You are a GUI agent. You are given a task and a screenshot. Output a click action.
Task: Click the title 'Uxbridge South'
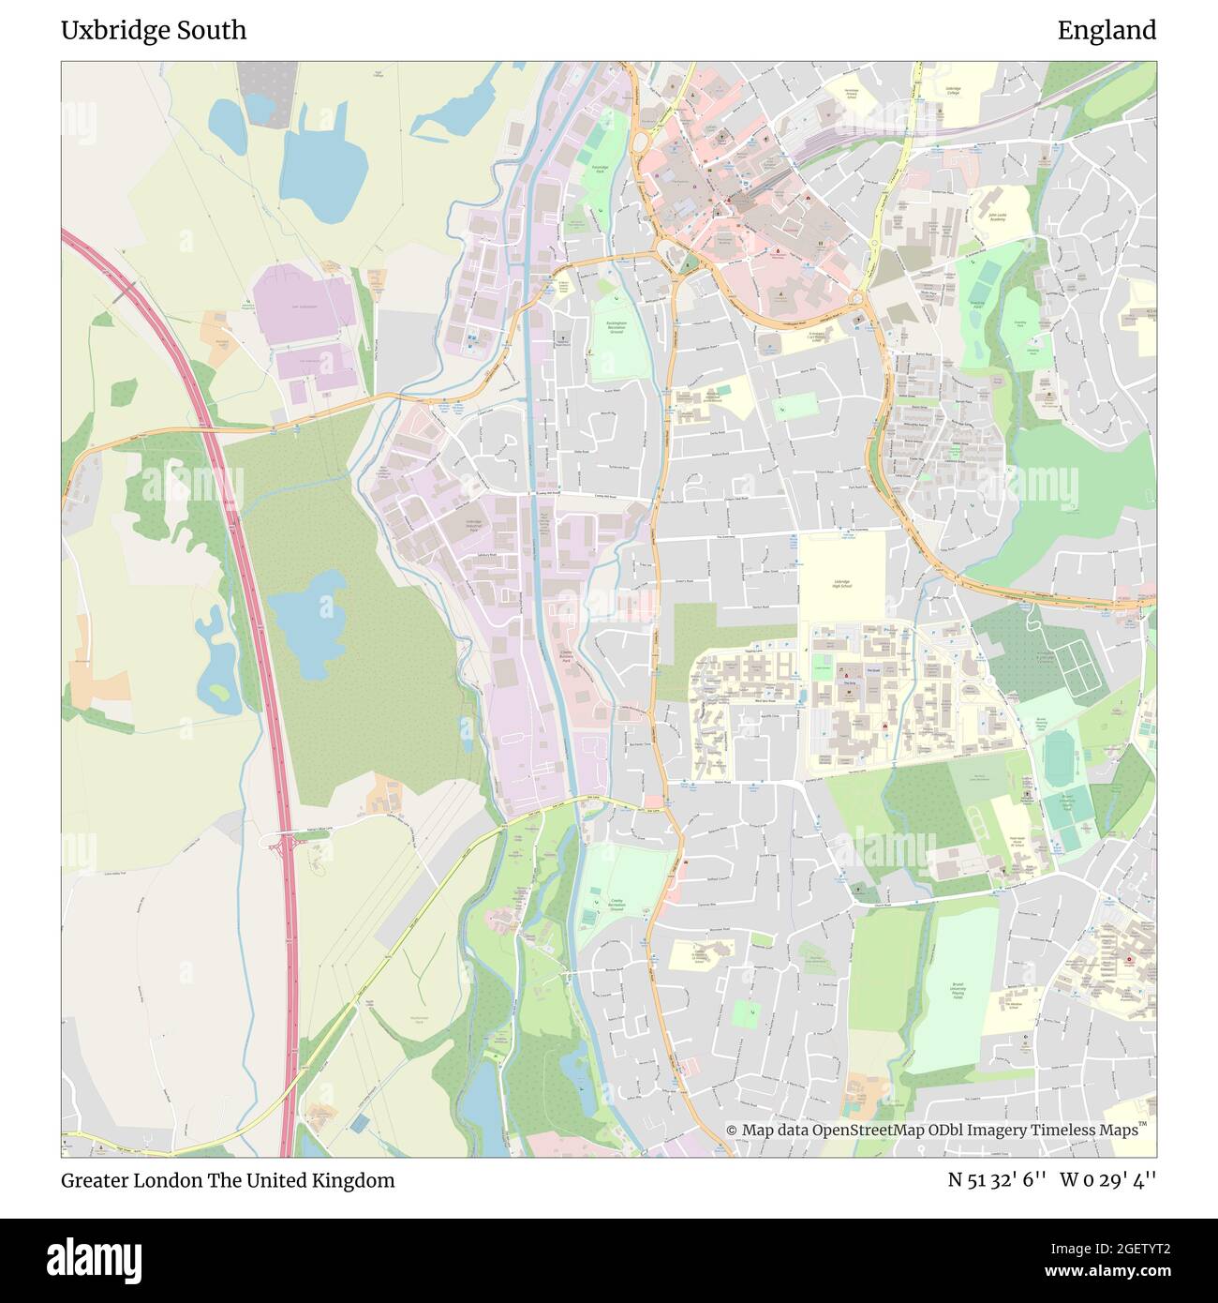tap(154, 30)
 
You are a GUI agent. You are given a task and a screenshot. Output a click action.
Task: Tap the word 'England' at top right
tap(1107, 30)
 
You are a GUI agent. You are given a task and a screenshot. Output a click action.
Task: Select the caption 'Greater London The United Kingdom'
tap(228, 1180)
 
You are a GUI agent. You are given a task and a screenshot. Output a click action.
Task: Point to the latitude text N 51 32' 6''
tap(996, 1180)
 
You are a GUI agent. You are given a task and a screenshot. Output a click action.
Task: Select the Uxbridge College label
tap(953, 92)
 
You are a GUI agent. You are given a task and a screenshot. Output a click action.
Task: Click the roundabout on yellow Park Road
tap(873, 245)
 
